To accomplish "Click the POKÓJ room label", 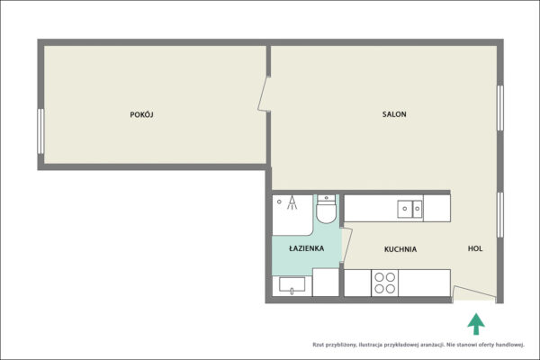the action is [x=141, y=114].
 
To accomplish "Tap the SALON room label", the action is [x=394, y=114].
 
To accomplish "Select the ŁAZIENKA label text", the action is [x=306, y=248].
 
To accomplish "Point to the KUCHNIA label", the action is [x=400, y=248].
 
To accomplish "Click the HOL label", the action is [x=475, y=248].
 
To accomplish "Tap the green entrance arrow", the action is [x=476, y=324].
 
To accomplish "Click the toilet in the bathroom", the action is [x=326, y=209].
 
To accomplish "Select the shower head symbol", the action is [x=292, y=202].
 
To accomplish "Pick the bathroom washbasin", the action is [x=292, y=285].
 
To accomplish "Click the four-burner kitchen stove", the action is [x=384, y=283].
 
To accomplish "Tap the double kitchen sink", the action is [x=409, y=209].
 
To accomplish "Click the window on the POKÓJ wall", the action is [x=40, y=130].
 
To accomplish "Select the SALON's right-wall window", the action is [x=500, y=108].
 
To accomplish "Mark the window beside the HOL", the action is [x=500, y=214].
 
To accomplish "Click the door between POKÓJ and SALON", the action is [x=264, y=94].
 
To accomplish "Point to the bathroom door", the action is [x=347, y=245].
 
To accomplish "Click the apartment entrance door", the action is [x=474, y=292].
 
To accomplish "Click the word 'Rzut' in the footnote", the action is [x=318, y=345].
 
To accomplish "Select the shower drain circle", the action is [x=279, y=202].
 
